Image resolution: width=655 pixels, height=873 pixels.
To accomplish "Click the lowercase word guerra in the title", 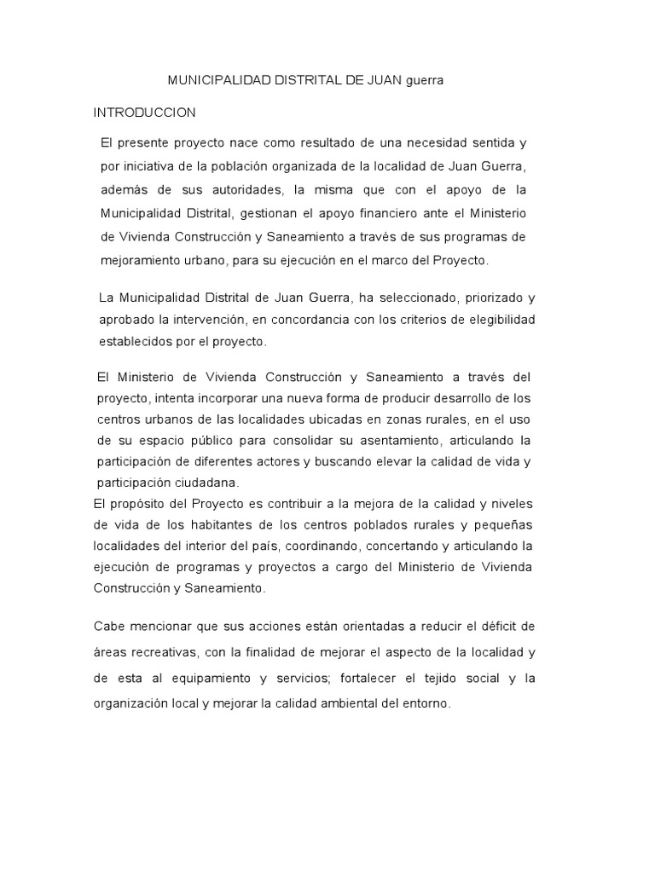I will pyautogui.click(x=424, y=80).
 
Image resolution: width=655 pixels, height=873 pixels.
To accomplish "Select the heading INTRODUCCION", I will pyautogui.click(x=145, y=113).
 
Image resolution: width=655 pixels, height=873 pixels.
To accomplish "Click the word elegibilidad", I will pyautogui.click(x=498, y=320).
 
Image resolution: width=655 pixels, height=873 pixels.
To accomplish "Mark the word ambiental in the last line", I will pyautogui.click(x=344, y=705).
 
